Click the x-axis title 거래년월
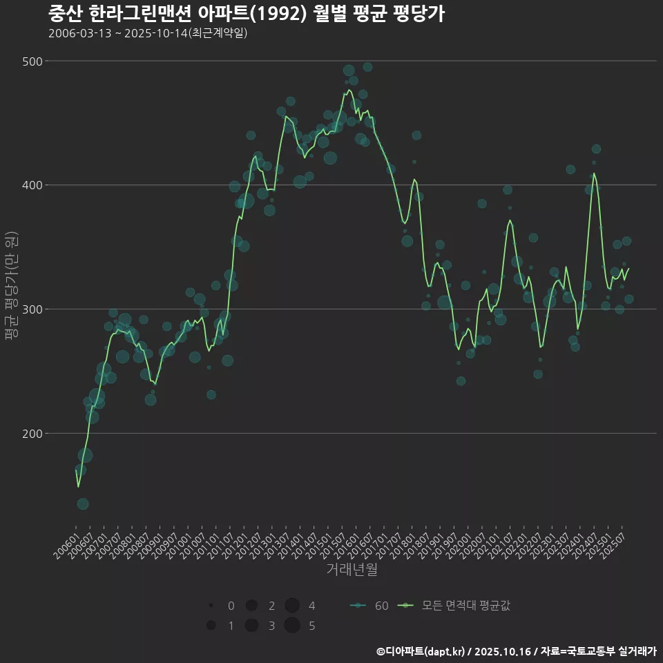[352, 570]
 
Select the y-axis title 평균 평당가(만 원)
[11, 287]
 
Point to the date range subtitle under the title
[148, 33]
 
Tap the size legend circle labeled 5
[292, 626]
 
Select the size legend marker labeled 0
[211, 606]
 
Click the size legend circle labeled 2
[251, 606]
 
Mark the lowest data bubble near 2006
[83, 503]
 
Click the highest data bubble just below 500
[367, 67]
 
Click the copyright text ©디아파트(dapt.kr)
[422, 651]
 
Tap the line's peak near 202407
[593, 173]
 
